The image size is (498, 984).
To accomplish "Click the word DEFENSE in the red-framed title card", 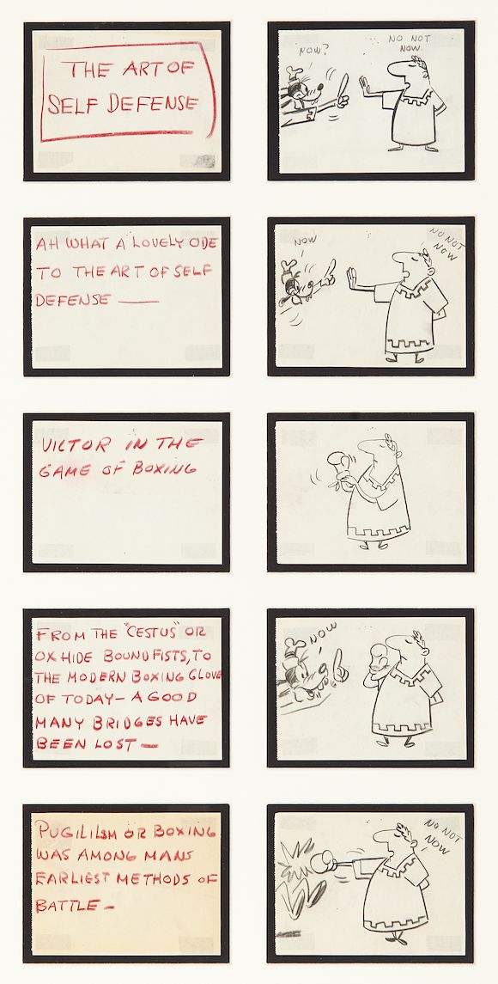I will (146, 104).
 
